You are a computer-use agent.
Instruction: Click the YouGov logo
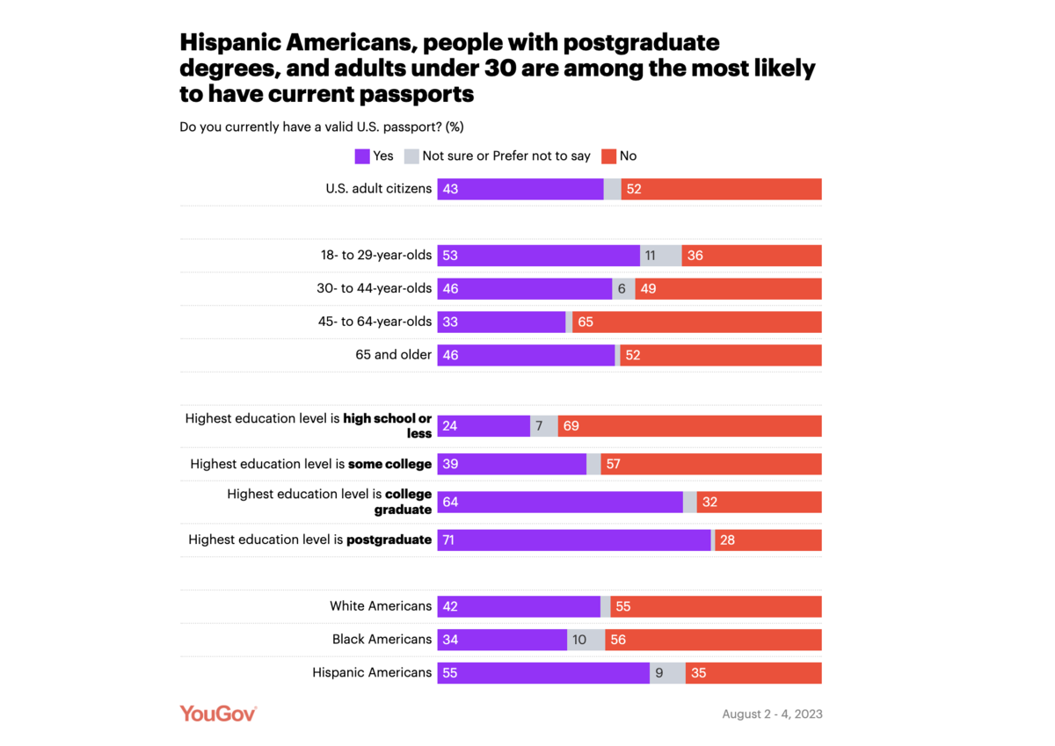click(x=218, y=713)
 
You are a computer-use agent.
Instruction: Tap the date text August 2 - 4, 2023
click(x=772, y=714)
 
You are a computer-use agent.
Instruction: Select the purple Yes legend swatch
click(x=362, y=156)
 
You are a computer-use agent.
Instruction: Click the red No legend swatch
click(x=609, y=156)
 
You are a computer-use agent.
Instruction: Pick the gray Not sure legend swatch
click(x=411, y=156)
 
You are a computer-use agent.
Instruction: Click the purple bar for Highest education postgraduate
click(x=573, y=540)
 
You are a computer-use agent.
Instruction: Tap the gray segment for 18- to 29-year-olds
click(x=660, y=256)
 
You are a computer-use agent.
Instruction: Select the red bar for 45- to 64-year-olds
click(x=696, y=322)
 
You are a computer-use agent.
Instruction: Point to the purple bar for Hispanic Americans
click(x=542, y=673)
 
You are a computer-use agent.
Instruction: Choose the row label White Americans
click(x=381, y=606)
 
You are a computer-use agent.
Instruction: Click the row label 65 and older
click(x=391, y=355)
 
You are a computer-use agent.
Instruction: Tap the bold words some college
click(x=389, y=464)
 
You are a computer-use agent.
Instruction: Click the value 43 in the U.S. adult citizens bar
click(x=451, y=189)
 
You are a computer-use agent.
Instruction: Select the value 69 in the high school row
click(x=571, y=426)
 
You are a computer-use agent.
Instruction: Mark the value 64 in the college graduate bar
click(x=451, y=503)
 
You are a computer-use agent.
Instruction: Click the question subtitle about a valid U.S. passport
click(x=321, y=127)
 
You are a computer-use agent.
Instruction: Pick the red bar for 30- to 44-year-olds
click(x=728, y=289)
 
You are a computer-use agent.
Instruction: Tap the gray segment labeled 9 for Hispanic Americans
click(x=667, y=673)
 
